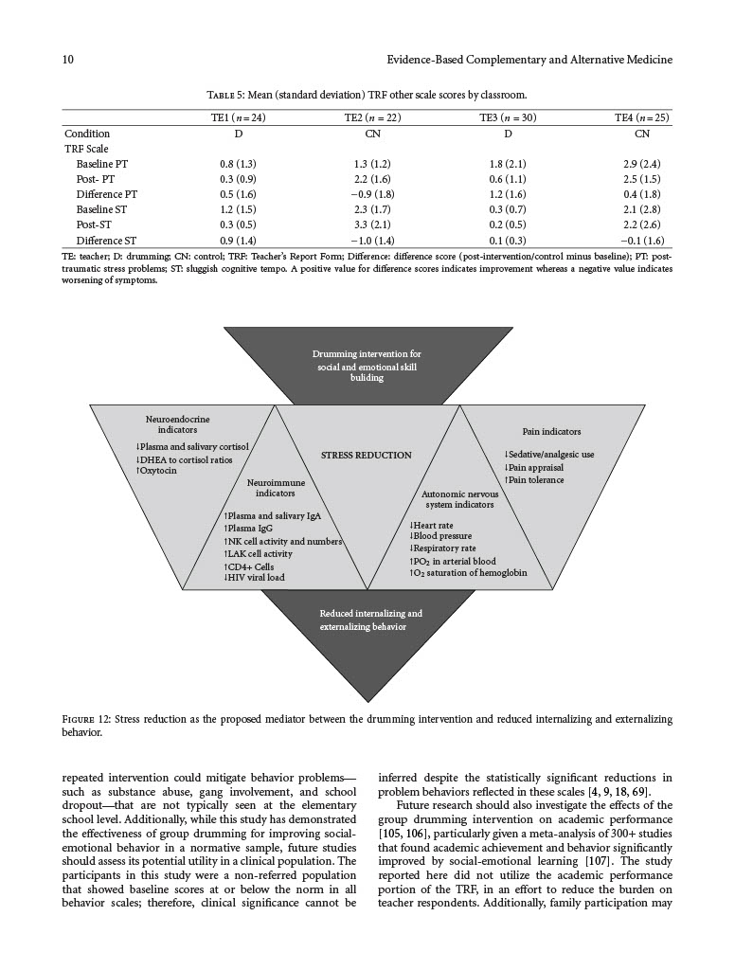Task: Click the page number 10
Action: [68, 61]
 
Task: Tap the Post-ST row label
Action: [95, 225]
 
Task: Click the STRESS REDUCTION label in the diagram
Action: [367, 455]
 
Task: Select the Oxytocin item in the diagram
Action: [158, 470]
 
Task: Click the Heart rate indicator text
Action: [432, 525]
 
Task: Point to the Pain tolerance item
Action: [535, 479]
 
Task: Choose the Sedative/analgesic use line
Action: [549, 455]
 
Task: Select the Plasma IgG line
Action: [250, 529]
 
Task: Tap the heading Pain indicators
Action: [551, 431]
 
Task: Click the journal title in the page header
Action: [529, 61]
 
